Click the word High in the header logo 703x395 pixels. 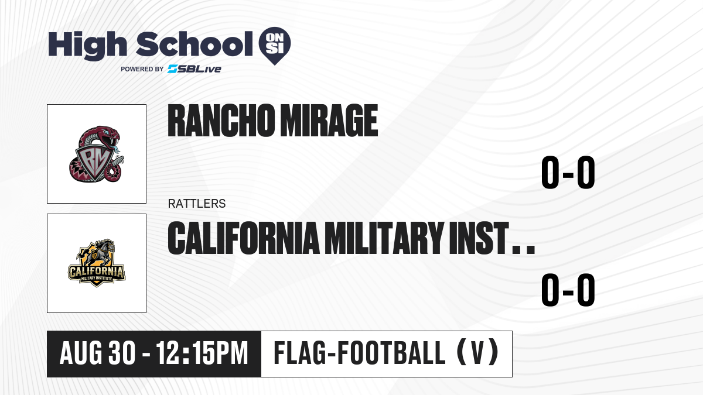pos(87,46)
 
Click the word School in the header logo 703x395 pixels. pos(194,44)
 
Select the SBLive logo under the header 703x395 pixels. pos(194,69)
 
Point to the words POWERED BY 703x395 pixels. pos(142,69)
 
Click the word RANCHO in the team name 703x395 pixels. pos(221,121)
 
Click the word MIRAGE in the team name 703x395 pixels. pos(329,121)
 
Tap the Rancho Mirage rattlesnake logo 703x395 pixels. pos(96,154)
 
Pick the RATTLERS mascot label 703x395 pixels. pos(197,204)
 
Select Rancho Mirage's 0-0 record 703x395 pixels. pos(568,172)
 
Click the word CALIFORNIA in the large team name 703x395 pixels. pos(244,238)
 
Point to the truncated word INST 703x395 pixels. pos(479,238)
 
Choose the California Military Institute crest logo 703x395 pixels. pos(97,263)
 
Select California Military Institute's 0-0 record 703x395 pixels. pos(568,290)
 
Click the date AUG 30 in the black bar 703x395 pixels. pos(98,353)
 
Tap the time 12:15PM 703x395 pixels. pos(202,353)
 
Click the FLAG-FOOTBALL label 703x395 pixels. pos(360,353)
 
